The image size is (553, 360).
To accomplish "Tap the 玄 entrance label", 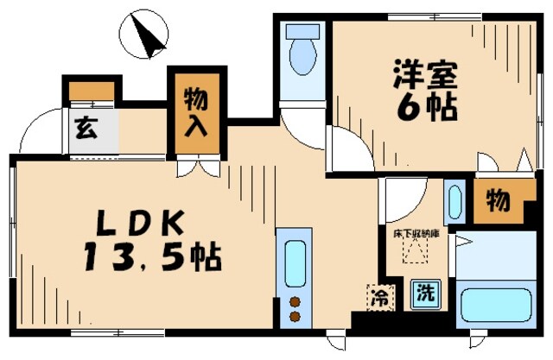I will (x=85, y=129).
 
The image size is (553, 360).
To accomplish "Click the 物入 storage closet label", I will (x=194, y=113).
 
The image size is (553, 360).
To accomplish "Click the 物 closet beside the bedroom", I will (x=497, y=201).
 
